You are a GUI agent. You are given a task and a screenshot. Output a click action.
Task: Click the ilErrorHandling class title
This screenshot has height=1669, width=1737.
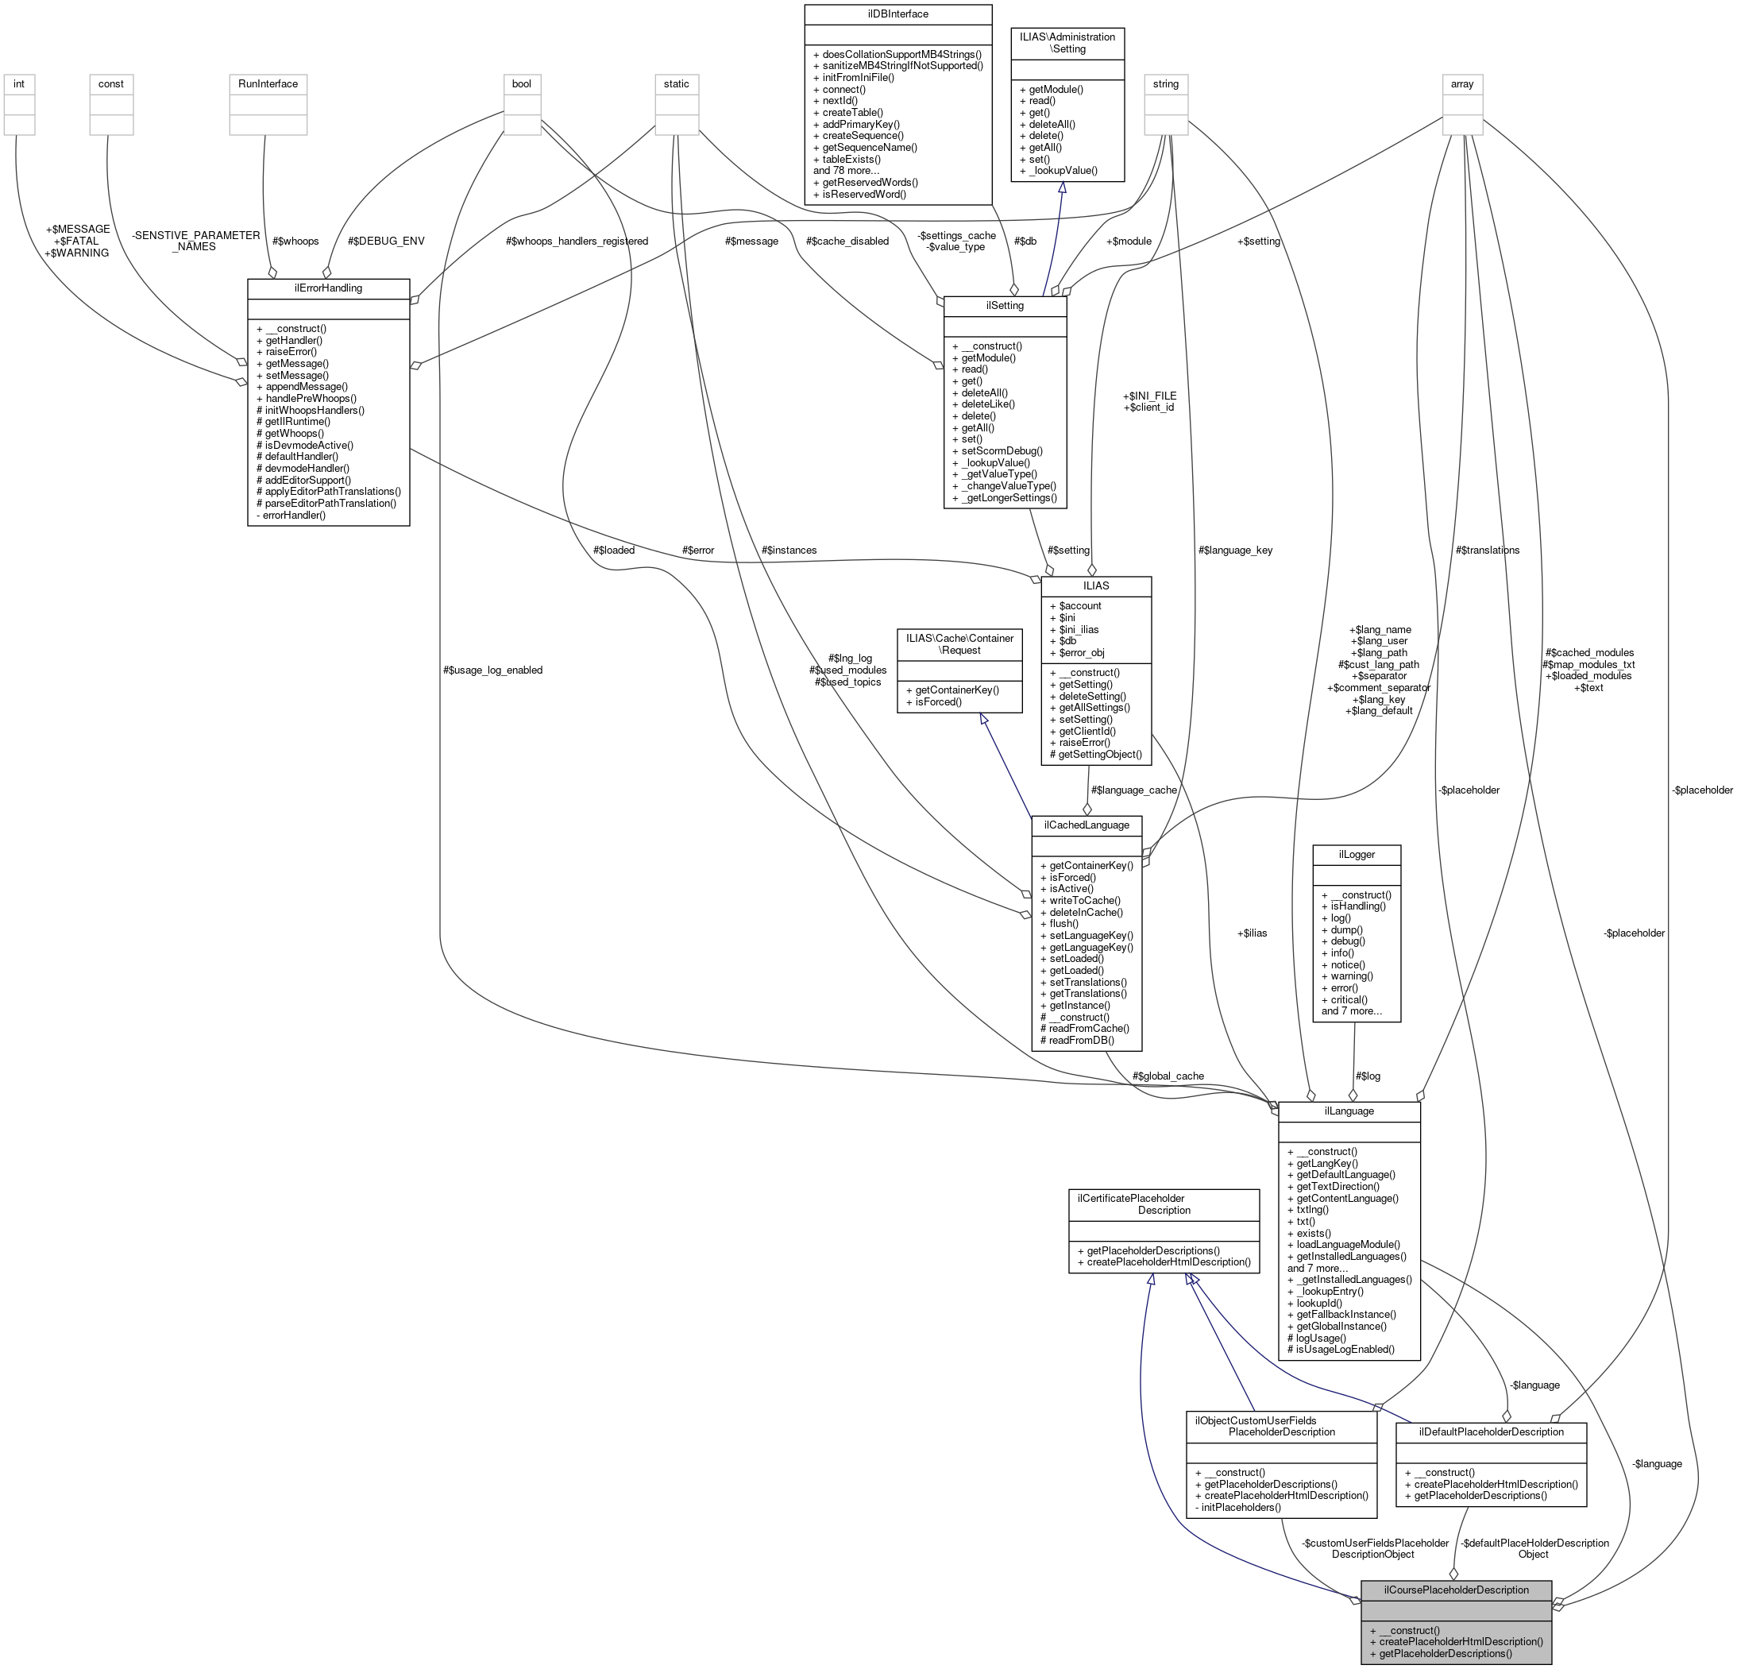coord(328,288)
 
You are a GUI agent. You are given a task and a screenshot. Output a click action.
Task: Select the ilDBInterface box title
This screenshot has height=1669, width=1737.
coord(897,14)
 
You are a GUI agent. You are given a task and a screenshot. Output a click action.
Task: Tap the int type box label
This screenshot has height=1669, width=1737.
coord(18,84)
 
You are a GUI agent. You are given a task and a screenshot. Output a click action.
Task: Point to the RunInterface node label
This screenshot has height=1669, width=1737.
coord(268,84)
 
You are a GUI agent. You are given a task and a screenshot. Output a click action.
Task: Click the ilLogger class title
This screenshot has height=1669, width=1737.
coord(1356,855)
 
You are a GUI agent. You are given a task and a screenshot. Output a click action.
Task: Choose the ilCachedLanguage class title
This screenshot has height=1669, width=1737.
coord(1086,825)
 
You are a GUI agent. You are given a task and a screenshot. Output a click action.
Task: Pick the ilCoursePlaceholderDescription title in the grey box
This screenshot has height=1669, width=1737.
coord(1456,1590)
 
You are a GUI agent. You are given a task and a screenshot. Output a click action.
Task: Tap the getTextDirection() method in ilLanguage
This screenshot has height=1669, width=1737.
coord(1337,1186)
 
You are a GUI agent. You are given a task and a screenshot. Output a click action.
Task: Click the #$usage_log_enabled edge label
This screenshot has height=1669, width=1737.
coord(492,670)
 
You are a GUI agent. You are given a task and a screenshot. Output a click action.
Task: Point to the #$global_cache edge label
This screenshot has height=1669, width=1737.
coord(1168,1076)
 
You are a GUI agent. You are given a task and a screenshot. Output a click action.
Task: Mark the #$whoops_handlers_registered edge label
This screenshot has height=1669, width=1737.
coord(576,241)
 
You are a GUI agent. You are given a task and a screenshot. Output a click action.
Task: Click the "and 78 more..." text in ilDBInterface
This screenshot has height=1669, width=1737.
coord(855,171)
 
